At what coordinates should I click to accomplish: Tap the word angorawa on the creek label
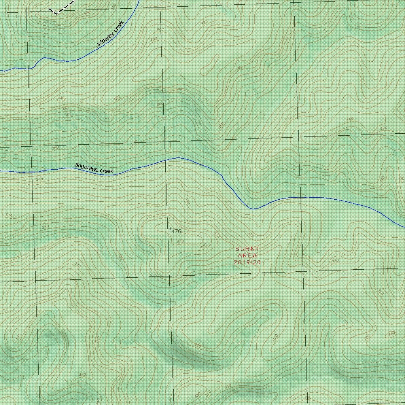click(87, 167)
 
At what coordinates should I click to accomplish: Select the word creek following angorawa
click(106, 171)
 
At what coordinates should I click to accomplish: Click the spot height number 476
click(176, 231)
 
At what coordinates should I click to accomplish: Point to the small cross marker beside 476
click(170, 229)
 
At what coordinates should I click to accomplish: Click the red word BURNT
click(247, 249)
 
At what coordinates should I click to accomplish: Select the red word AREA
click(248, 255)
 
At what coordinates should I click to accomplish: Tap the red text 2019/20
click(248, 262)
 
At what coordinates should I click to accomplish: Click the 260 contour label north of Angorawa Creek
click(55, 148)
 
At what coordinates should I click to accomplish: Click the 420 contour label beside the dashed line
click(87, 12)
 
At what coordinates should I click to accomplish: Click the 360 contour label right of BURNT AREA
click(336, 261)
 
